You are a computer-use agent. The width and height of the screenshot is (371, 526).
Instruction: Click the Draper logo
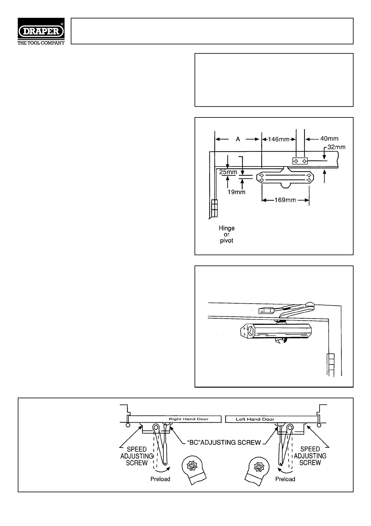pyautogui.click(x=41, y=31)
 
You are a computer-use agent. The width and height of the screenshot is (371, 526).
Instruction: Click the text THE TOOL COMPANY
pyautogui.click(x=41, y=43)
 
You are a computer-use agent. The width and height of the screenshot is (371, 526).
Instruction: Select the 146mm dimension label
pyautogui.click(x=279, y=139)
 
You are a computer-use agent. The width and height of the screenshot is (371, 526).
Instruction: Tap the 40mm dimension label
pyautogui.click(x=329, y=139)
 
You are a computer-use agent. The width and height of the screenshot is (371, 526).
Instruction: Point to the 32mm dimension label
pyautogui.click(x=336, y=147)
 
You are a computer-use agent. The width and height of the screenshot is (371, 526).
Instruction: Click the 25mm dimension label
pyautogui.click(x=228, y=172)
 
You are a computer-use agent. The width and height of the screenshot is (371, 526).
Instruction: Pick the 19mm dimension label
pyautogui.click(x=236, y=192)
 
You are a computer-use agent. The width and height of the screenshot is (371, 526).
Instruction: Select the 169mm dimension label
pyautogui.click(x=285, y=200)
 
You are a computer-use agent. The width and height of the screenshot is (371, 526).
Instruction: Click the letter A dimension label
pyautogui.click(x=238, y=139)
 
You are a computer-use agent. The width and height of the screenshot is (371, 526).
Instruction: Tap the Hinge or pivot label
pyautogui.click(x=227, y=234)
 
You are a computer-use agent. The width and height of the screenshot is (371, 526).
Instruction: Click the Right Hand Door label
pyautogui.click(x=189, y=419)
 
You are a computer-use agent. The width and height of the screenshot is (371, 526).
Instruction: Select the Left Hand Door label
pyautogui.click(x=255, y=419)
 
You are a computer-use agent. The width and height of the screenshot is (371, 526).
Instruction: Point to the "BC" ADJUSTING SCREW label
pyautogui.click(x=224, y=442)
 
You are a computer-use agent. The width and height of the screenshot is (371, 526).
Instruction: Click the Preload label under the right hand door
pyautogui.click(x=160, y=479)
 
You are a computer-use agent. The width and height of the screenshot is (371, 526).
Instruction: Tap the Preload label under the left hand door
pyautogui.click(x=285, y=479)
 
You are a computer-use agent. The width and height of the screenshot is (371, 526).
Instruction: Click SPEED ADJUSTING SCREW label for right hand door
pyautogui.click(x=137, y=456)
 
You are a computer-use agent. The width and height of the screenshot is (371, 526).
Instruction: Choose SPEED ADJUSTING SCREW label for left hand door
pyautogui.click(x=310, y=456)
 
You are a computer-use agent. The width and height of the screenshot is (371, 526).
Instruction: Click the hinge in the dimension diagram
pyautogui.click(x=214, y=208)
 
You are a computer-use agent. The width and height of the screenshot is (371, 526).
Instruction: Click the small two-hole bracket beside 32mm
pyautogui.click(x=300, y=161)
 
